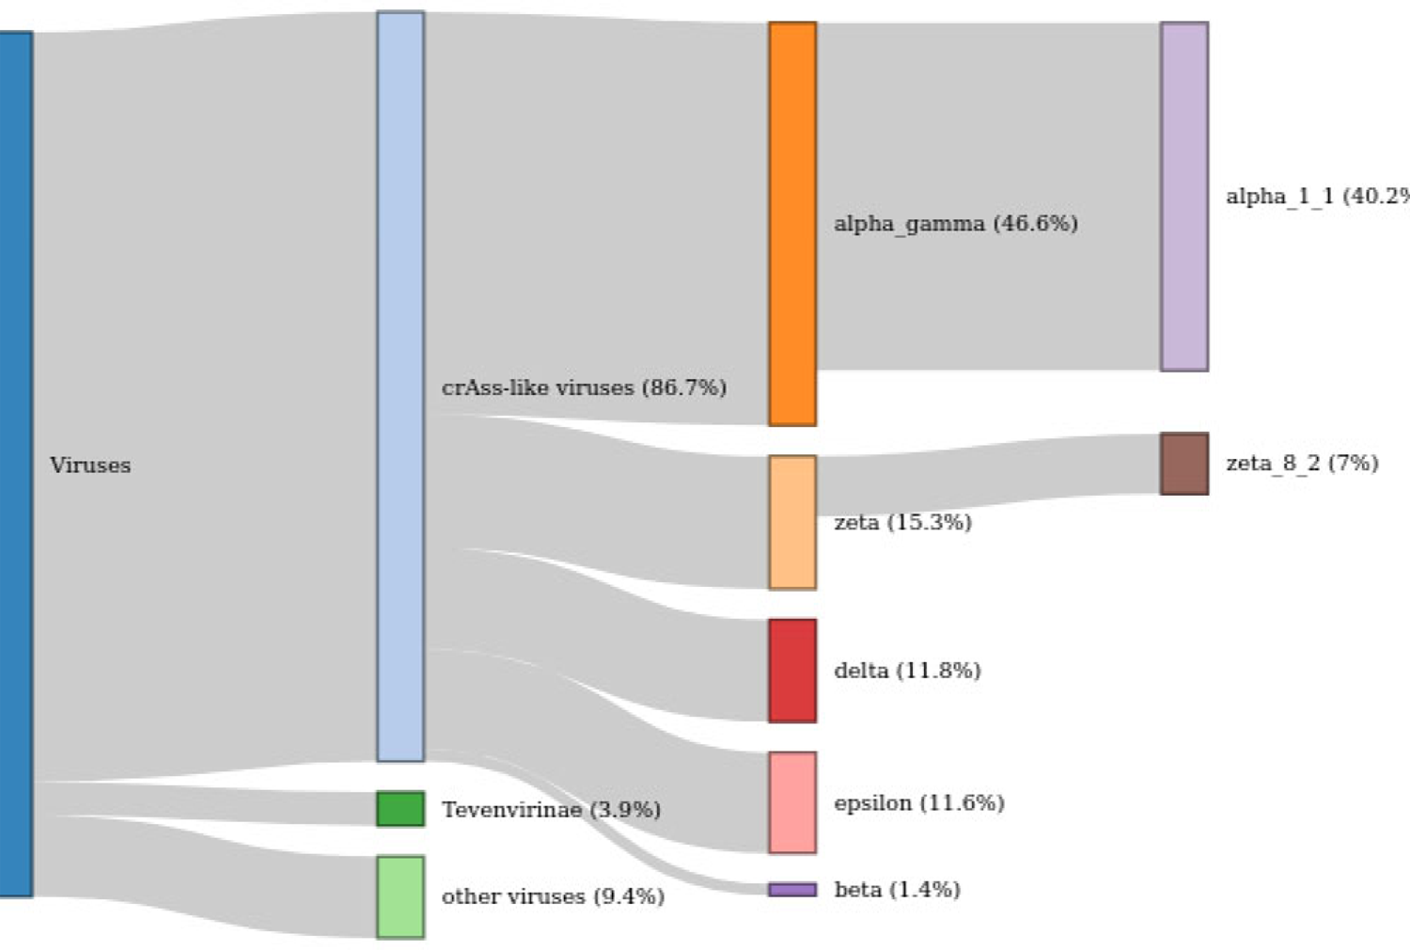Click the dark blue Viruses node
[16, 464]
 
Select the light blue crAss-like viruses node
[400, 386]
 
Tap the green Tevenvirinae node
[400, 809]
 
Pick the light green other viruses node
[400, 896]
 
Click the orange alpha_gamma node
[792, 224]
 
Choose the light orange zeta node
[792, 523]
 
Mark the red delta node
[792, 671]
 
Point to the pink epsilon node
[792, 802]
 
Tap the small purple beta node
[792, 890]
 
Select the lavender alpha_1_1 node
[1184, 197]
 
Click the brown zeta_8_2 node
[1184, 464]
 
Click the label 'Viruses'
[90, 466]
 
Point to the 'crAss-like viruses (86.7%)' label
[584, 388]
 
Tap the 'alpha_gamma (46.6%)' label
[955, 224]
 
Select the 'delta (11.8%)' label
[907, 671]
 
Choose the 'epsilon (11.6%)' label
[918, 803]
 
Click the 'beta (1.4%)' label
[897, 890]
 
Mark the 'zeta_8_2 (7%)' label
[1302, 463]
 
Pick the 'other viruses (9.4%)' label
[553, 896]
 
